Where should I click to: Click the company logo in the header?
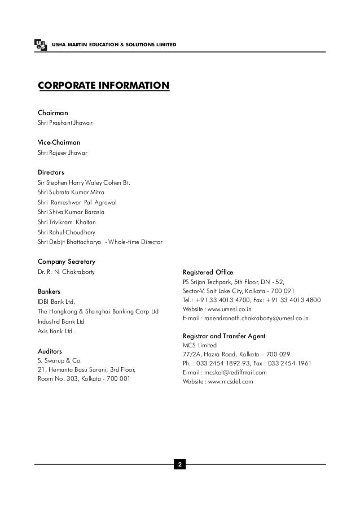40,45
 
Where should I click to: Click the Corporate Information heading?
103,86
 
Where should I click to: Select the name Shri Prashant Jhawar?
65,123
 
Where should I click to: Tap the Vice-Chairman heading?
59,143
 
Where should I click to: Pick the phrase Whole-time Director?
137,242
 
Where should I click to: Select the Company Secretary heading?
66,262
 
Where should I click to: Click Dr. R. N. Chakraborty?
66,273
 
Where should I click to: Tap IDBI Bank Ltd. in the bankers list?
56,302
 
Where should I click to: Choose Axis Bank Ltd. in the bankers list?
55,330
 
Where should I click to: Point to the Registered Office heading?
208,272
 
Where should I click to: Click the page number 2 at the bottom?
180,465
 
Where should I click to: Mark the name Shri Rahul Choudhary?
66,232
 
